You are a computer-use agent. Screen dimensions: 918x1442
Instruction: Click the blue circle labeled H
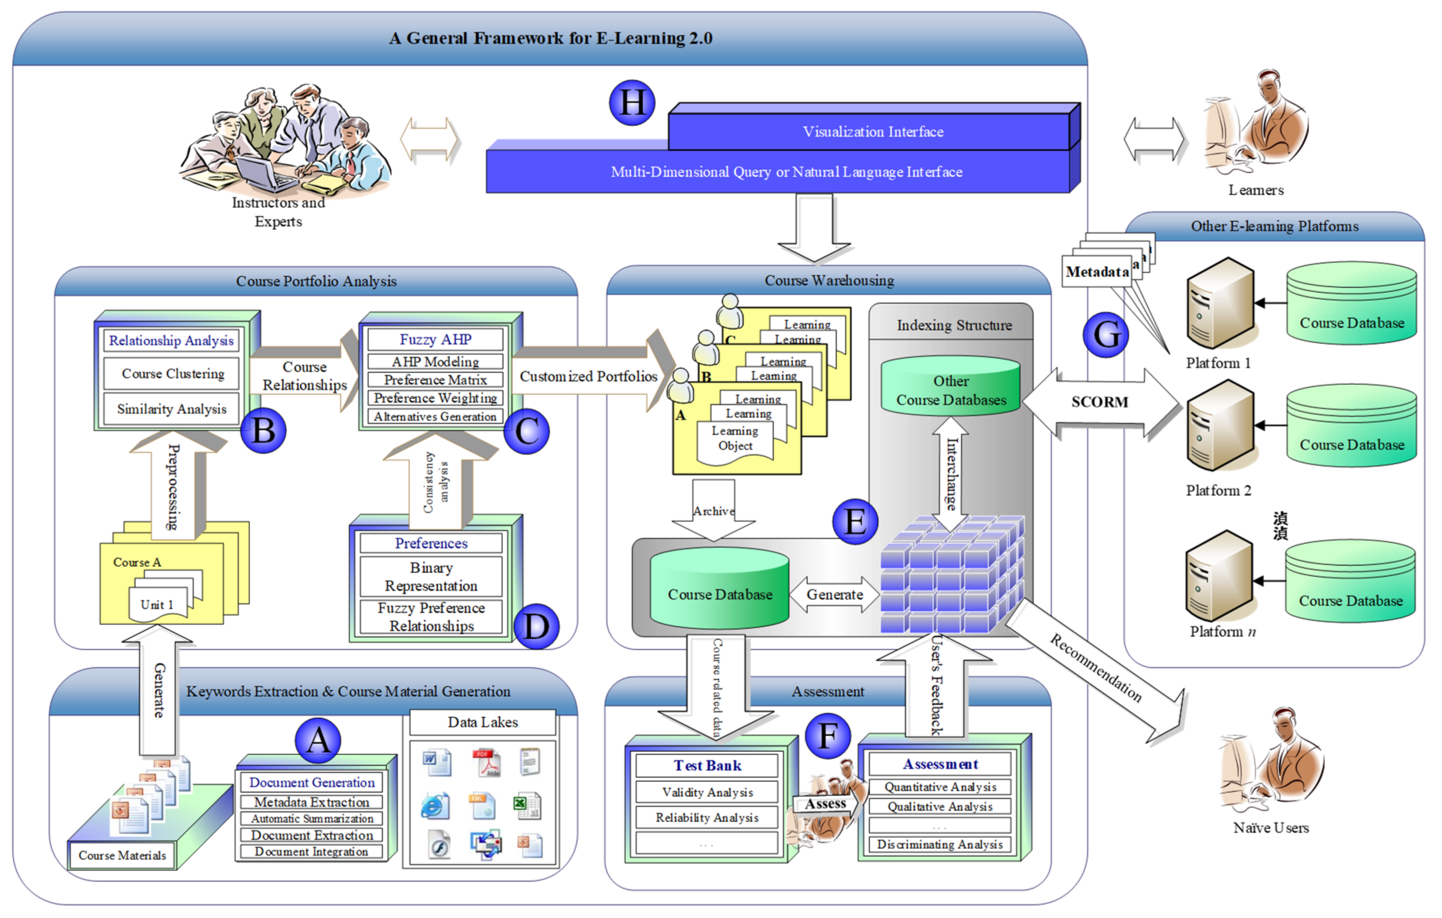(632, 103)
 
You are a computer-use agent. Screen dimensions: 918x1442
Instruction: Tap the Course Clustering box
(173, 374)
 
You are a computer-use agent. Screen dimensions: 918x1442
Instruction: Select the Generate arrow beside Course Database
(834, 594)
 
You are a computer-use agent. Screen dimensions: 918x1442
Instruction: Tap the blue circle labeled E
(855, 522)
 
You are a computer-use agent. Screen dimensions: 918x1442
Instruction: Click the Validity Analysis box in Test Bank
(707, 792)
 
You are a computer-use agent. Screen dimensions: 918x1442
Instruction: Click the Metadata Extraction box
(311, 802)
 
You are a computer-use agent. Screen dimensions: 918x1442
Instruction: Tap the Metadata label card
(1097, 272)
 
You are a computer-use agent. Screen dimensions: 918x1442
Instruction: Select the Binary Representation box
(431, 576)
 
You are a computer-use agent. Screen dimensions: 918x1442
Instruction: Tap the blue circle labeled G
(1106, 335)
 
